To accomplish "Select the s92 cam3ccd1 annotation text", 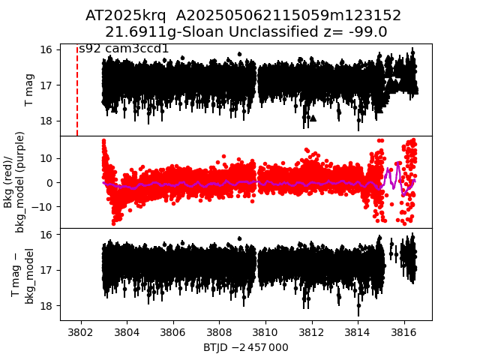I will point(124,49).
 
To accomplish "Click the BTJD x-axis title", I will point(245,347).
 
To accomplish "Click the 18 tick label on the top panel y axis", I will point(46,121).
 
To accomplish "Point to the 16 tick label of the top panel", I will point(46,50).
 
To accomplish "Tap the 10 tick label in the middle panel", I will point(44,158).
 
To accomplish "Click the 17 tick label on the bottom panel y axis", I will point(46,270).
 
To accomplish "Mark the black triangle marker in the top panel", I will point(313,118).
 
